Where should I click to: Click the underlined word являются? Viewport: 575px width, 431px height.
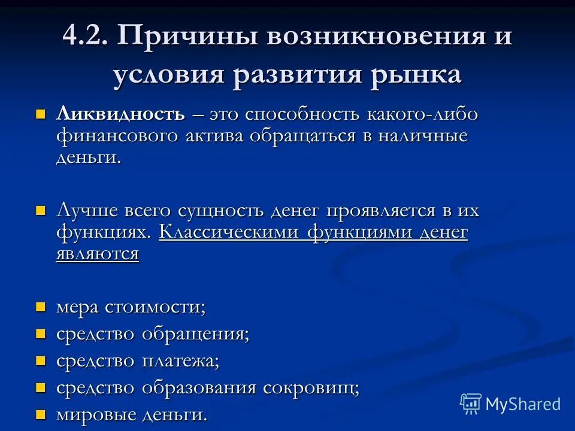tap(98, 253)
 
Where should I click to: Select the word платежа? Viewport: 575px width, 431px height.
tap(180, 361)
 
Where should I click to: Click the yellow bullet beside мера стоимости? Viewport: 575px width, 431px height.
tap(41, 307)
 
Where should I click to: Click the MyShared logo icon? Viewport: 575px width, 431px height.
tap(471, 403)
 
